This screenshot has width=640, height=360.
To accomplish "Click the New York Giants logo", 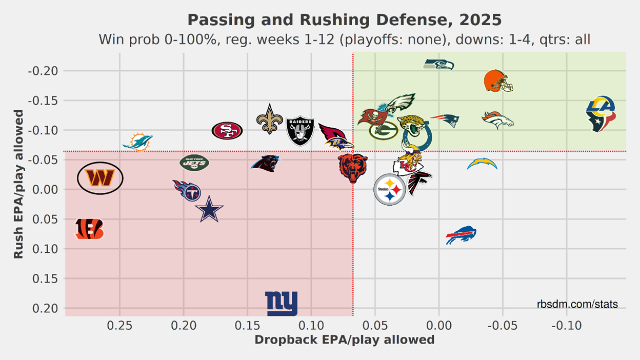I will (x=281, y=304).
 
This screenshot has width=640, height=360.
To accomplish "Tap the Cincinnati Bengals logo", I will (x=89, y=229).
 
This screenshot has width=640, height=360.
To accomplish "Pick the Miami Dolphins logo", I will (x=137, y=142).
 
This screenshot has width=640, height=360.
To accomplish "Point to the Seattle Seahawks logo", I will (x=439, y=65).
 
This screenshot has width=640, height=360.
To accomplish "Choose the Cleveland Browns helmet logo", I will (x=498, y=81).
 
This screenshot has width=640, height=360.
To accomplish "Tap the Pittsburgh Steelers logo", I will (x=390, y=189).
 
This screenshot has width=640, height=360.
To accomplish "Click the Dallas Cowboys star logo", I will (x=208, y=210).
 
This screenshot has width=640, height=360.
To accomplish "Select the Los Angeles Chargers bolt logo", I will (x=482, y=164).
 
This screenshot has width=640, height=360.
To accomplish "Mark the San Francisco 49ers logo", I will (x=227, y=131).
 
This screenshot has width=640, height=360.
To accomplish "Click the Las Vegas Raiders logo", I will (x=299, y=130).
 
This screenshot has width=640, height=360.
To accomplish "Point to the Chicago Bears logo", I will (x=353, y=168).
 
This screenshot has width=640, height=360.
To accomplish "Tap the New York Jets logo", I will (x=194, y=163).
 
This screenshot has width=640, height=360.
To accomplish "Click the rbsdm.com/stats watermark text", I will (x=577, y=305).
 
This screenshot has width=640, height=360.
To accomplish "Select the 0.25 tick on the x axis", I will (x=119, y=325).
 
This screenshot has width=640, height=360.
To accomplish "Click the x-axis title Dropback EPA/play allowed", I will (x=344, y=340).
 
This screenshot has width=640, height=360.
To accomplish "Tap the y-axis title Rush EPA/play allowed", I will (x=18, y=184).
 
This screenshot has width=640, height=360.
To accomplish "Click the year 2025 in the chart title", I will (x=480, y=20).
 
